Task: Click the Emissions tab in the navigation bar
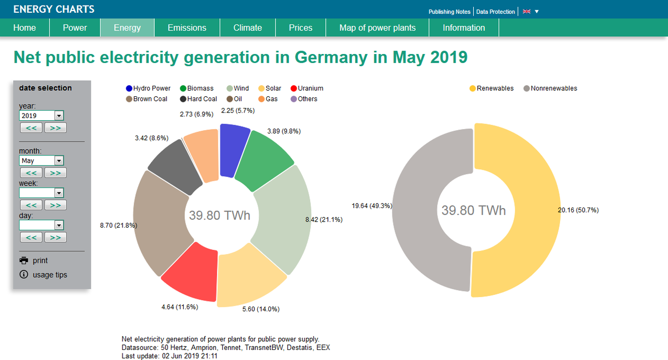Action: point(187,28)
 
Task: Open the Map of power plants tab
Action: point(377,28)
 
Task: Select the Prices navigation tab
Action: point(301,28)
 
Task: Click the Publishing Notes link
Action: point(449,12)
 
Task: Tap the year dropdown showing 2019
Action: point(41,116)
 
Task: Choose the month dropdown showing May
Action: point(41,161)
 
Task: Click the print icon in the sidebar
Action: point(24,260)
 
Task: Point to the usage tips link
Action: point(50,275)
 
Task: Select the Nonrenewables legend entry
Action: point(553,88)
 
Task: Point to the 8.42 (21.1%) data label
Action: point(324,220)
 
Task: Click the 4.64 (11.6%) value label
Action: point(179,307)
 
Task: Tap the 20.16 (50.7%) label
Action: point(585,210)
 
